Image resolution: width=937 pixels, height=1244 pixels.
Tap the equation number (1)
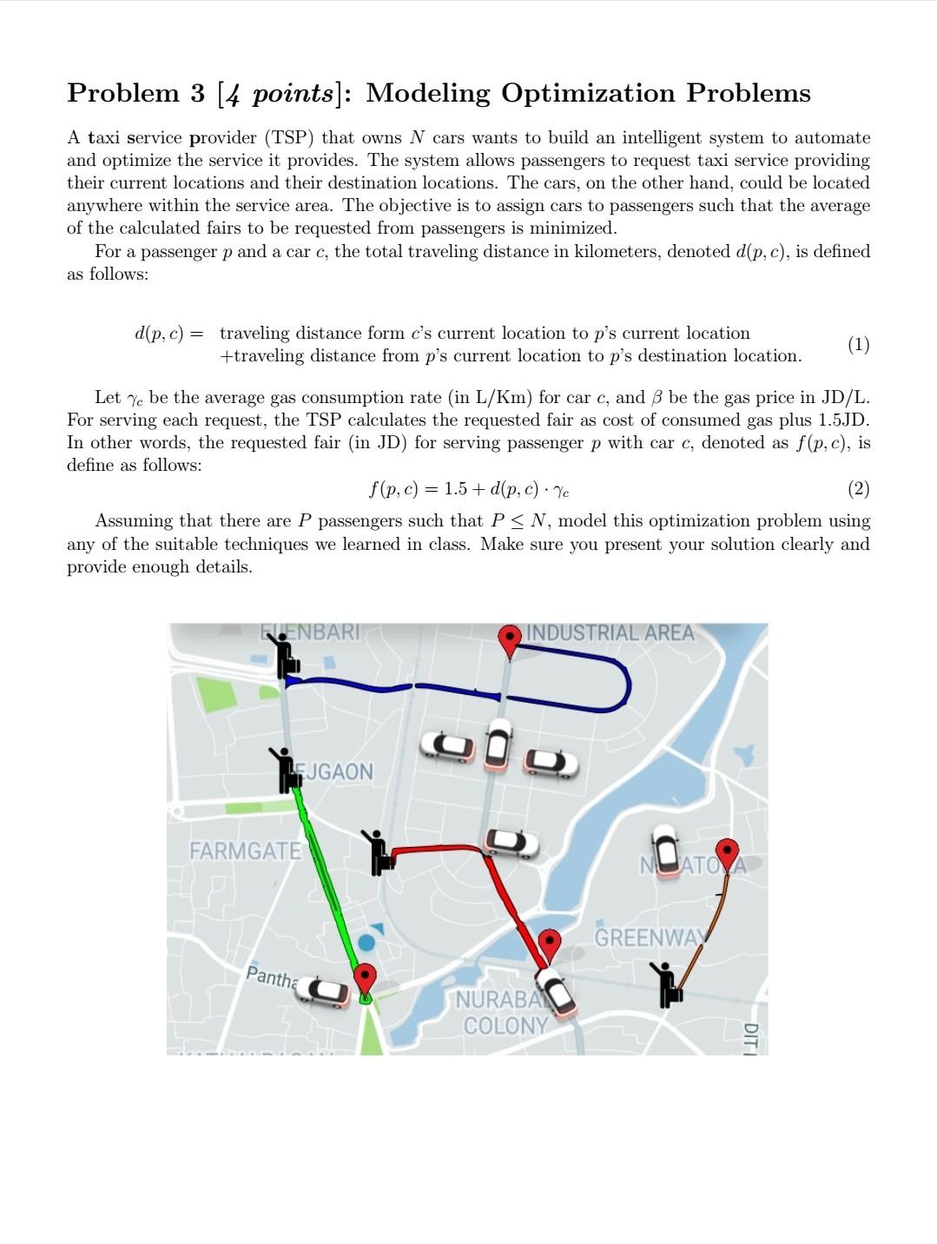[858, 345]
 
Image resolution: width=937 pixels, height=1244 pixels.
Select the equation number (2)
[858, 489]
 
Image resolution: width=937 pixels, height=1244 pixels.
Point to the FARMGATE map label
[245, 850]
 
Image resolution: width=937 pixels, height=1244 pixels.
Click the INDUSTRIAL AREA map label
[610, 633]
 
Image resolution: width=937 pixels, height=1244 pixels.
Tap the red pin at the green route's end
[366, 977]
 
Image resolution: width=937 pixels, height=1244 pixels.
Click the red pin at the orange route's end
[727, 852]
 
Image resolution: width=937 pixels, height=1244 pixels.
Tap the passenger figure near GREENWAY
[667, 983]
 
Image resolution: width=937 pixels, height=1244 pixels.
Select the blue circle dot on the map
[367, 942]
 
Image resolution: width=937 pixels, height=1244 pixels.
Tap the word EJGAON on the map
[337, 771]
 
